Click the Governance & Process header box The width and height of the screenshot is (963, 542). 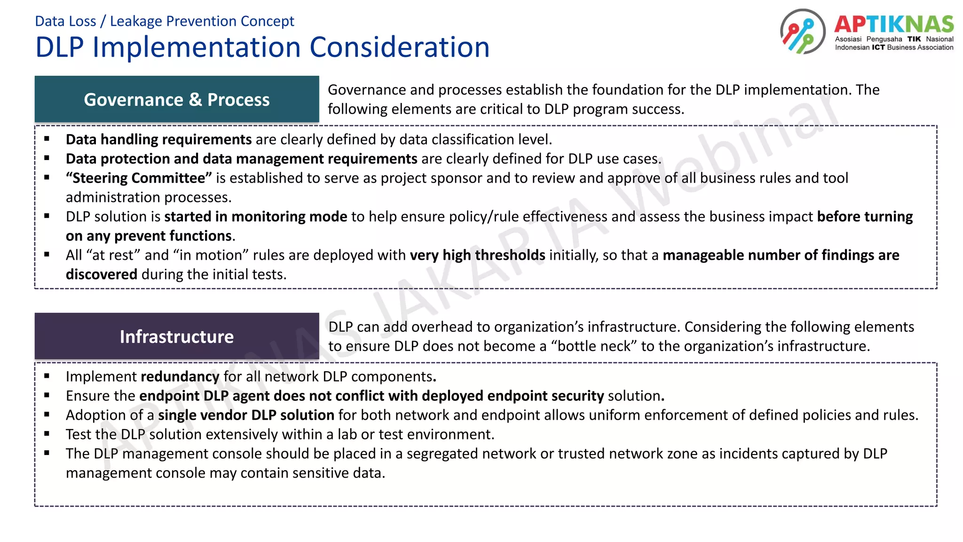177,99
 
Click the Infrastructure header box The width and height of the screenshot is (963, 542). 177,336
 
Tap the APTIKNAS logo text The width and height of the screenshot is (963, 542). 894,24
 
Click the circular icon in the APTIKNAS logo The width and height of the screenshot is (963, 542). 802,32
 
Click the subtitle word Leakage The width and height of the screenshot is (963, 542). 136,21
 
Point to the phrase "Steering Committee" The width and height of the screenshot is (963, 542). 139,178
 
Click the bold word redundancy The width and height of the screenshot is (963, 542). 180,376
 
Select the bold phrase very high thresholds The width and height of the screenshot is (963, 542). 477,255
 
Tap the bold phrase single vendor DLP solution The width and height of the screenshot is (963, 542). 246,415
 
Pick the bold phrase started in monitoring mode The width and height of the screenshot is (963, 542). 255,216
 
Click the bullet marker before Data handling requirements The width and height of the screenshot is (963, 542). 47,139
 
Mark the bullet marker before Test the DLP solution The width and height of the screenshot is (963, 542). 47,434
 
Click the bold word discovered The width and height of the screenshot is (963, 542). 102,274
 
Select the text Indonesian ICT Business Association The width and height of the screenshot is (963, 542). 894,47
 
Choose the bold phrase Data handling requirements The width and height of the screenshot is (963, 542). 158,139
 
